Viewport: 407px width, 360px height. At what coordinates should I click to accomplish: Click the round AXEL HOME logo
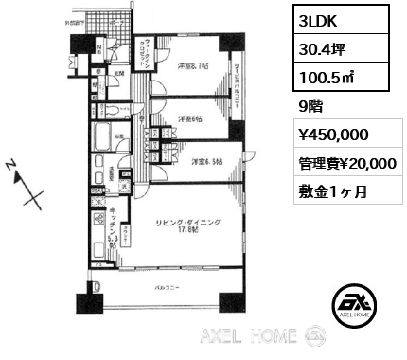tap(357, 306)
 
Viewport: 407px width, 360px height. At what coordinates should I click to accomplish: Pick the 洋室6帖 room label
tap(190, 118)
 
